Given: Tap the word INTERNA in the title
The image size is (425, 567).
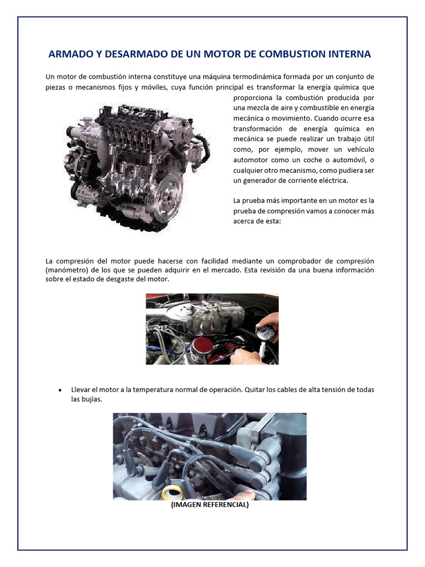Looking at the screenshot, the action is pyautogui.click(x=350, y=54).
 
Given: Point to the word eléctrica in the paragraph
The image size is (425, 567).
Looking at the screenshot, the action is pyautogui.click(x=333, y=181).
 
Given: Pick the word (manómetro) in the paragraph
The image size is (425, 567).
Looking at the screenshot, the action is pyautogui.click(x=67, y=270).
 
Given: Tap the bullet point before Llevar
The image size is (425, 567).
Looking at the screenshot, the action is pyautogui.click(x=60, y=390).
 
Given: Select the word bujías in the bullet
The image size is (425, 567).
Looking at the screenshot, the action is pyautogui.click(x=92, y=400).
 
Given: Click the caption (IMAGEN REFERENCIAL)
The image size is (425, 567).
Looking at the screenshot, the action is pyautogui.click(x=210, y=504).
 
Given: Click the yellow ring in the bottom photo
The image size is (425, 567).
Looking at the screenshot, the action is pyautogui.click(x=173, y=492).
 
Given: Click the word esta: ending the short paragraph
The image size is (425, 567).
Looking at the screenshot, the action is pyautogui.click(x=273, y=221).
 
